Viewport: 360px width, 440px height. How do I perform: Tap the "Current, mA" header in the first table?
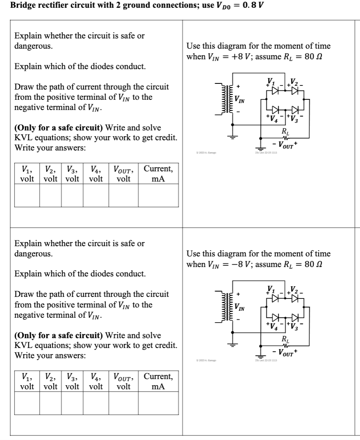[158, 173]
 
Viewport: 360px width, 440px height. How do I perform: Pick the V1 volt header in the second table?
[27, 381]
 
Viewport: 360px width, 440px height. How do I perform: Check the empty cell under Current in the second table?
[158, 403]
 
